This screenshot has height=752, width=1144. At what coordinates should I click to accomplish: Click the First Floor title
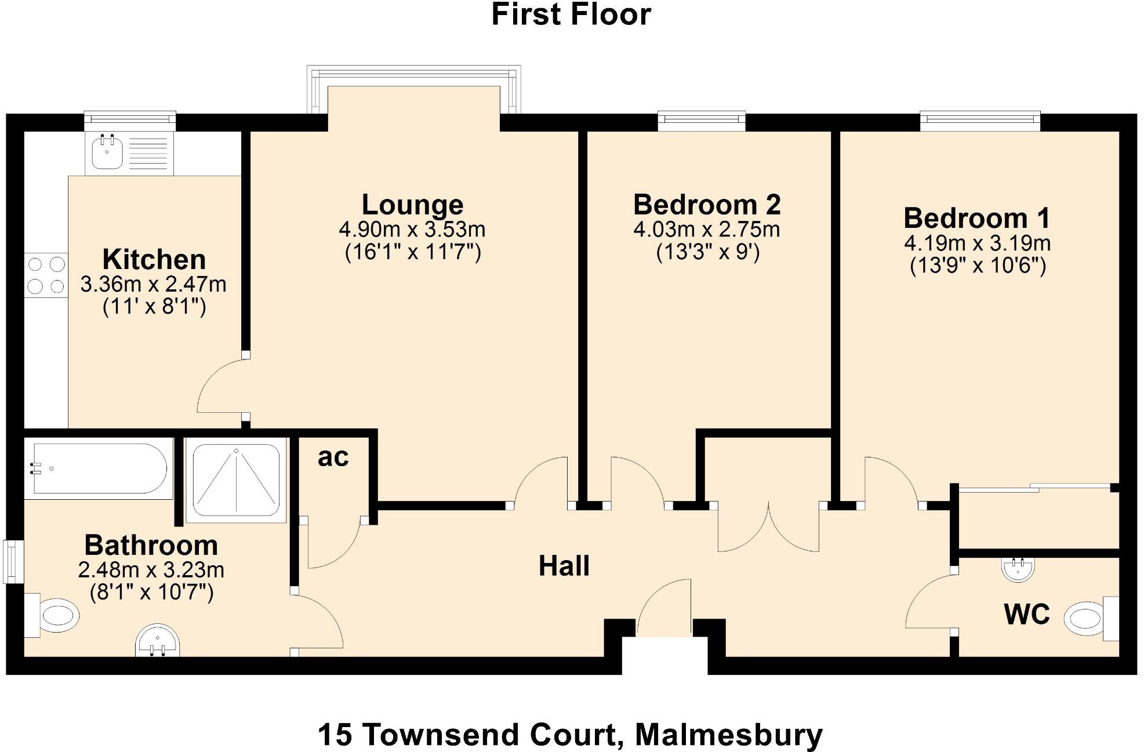point(571,14)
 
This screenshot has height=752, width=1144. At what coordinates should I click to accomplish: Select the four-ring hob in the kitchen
point(46,275)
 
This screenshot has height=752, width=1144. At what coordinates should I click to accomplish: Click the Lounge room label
point(412,205)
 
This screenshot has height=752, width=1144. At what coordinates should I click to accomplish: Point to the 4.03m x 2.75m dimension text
point(706,230)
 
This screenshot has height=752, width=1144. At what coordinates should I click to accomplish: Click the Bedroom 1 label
point(977,218)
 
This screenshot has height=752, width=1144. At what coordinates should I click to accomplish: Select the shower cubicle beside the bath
point(236,479)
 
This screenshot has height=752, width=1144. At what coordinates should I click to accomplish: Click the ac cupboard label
point(333,457)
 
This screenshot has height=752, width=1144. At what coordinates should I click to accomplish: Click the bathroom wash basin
point(158,641)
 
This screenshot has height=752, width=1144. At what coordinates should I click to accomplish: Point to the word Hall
point(564,566)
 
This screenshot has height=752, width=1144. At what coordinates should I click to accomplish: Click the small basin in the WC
point(1018,568)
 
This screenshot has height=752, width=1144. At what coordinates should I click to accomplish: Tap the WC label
point(1027,614)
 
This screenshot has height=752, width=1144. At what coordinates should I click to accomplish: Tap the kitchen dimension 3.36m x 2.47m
point(153,284)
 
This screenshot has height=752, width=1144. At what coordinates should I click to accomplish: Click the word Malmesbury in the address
point(728,735)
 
